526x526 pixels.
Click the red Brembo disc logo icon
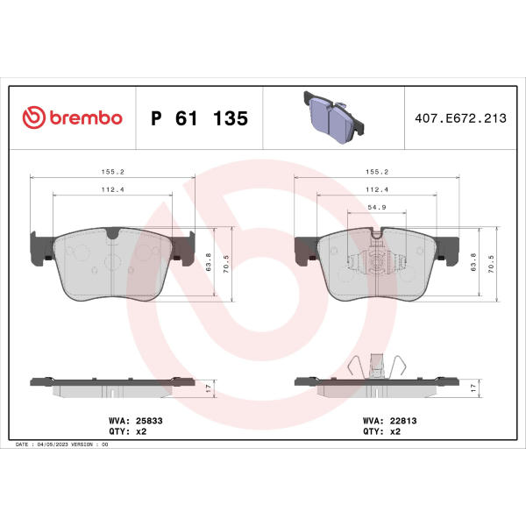pos(33,117)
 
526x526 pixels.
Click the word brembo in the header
pos(86,117)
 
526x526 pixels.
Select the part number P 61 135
pos(199,118)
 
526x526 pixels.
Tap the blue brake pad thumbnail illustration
pos(334,117)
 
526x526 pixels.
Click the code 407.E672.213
pos(460,118)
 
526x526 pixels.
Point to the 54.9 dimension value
pos(377,207)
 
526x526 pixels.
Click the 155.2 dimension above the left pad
pos(113,172)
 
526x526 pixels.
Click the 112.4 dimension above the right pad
pos(377,189)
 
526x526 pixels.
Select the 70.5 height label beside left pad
pos(226,264)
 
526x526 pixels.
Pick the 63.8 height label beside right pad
pos(473,262)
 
